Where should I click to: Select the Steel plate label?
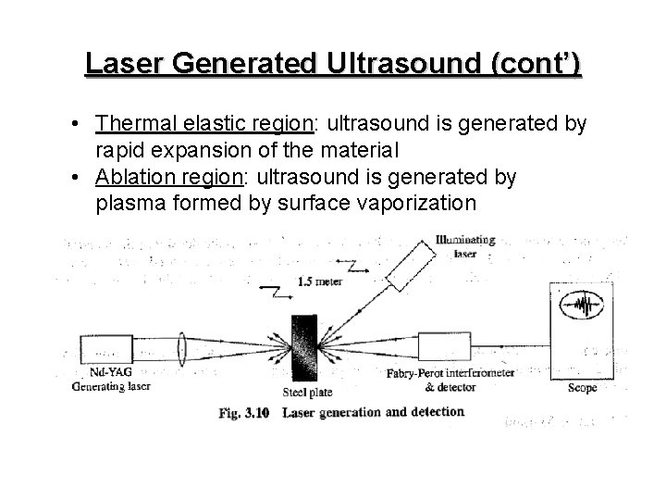302,391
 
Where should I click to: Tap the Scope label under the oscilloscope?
581,389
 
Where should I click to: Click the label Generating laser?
109,388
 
